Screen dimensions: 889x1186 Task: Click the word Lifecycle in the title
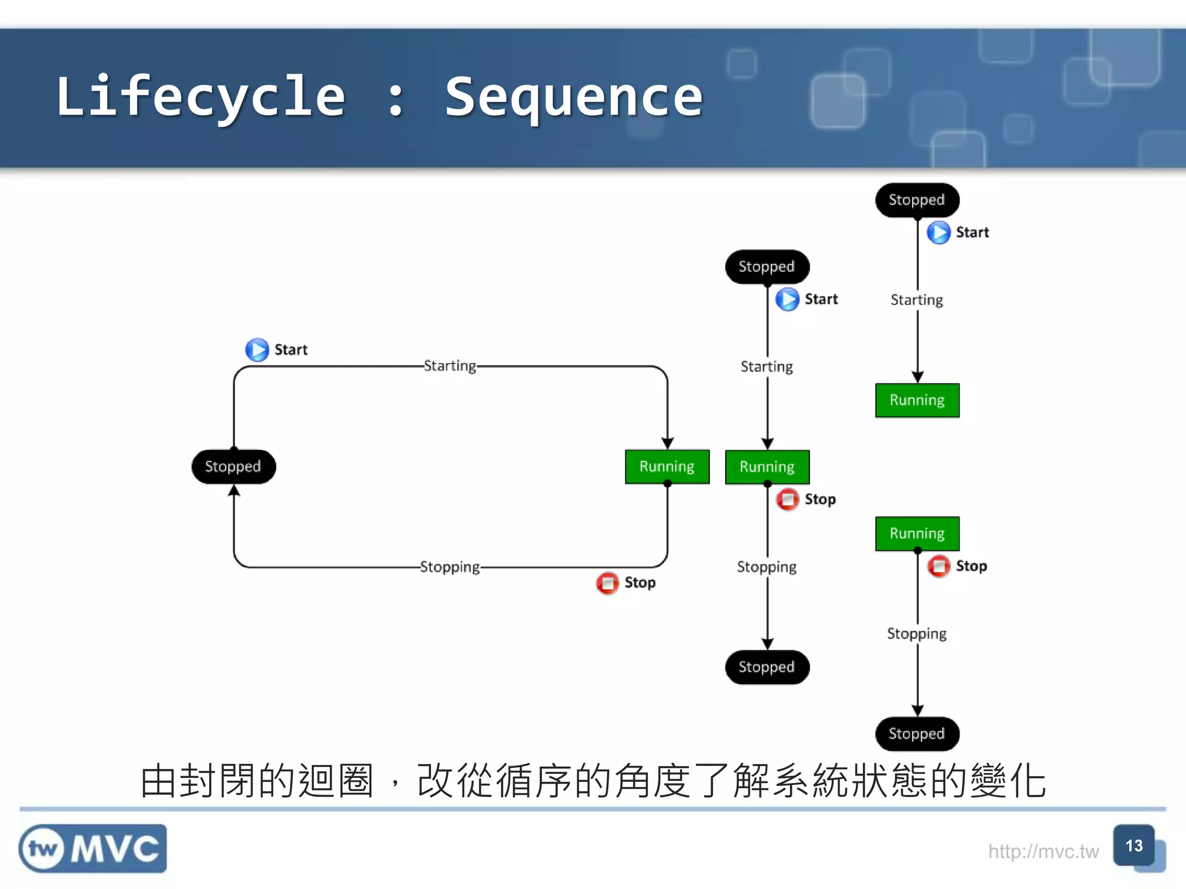200,97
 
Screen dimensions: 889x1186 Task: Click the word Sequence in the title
573,97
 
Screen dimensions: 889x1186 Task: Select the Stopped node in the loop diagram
233,466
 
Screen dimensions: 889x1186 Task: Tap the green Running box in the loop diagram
667,466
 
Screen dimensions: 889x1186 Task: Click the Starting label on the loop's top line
449,366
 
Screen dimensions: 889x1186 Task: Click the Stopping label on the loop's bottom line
449,567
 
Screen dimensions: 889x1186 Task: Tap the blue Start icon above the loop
257,350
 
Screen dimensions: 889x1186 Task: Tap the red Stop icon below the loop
607,583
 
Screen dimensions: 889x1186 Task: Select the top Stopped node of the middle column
767,267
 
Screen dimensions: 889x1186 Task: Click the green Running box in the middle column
767,466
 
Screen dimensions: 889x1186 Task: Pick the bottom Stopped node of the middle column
767,667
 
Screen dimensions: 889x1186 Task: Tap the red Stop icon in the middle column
788,499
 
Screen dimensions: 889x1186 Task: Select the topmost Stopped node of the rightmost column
917,200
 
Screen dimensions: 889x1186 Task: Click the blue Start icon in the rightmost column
939,233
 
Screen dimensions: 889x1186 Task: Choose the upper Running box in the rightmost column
917,400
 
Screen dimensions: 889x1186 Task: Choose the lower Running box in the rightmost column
917,533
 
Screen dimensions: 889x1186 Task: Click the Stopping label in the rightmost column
917,633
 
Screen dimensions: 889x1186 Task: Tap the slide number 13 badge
1134,846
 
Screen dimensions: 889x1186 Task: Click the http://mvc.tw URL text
1043,851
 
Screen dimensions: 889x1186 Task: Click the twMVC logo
93,848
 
